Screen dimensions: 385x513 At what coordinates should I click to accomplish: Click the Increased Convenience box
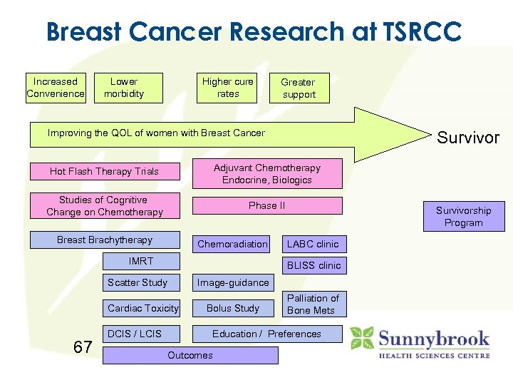56,88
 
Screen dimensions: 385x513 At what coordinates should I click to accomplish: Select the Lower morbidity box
129,88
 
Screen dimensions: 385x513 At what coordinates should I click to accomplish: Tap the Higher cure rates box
227,88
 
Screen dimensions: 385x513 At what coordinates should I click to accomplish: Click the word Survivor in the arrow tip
468,138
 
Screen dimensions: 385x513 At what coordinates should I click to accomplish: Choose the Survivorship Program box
464,217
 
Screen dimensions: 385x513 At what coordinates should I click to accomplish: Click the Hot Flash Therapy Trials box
104,171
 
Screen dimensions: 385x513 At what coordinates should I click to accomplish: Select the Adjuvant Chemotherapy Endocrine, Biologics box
266,174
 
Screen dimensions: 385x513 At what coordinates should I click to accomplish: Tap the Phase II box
266,205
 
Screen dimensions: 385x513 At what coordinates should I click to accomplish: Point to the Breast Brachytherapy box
104,240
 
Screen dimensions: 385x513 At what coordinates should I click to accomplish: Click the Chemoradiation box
232,244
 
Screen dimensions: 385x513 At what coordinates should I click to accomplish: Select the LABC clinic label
313,244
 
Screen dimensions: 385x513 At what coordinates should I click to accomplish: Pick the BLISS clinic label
313,265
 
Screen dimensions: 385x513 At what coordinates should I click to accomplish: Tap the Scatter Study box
140,282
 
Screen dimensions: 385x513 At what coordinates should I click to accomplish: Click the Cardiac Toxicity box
142,308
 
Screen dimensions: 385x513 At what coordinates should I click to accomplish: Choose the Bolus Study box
232,308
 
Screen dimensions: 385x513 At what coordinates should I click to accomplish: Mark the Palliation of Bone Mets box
313,304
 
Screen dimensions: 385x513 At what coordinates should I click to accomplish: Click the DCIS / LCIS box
140,334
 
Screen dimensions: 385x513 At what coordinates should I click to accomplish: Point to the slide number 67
83,347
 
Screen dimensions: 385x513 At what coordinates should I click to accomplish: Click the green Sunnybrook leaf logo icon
363,338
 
